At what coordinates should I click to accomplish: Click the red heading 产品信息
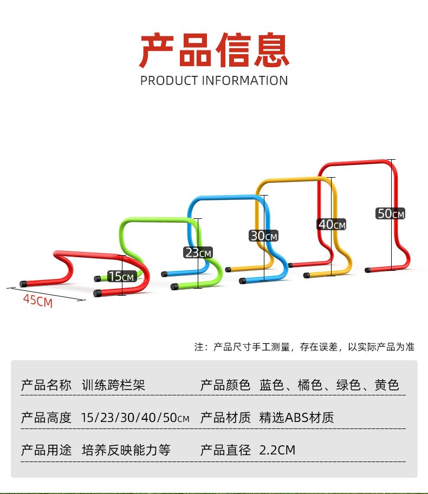coord(214,50)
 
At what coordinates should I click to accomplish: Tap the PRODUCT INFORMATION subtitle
coord(214,81)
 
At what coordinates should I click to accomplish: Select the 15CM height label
coord(121,276)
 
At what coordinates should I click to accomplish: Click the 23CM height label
coord(198,252)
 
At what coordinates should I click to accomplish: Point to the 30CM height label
coord(263,236)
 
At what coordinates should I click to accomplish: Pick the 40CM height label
coord(332,224)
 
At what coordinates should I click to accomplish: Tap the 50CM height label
coord(391,213)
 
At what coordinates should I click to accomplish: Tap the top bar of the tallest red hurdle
coord(355,162)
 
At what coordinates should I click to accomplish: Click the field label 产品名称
coord(46,385)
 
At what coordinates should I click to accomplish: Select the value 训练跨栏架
coord(113,385)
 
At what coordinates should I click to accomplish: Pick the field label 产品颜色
coord(225,385)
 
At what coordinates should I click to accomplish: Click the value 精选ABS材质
coord(297,418)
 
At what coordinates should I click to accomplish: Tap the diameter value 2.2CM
coord(277,450)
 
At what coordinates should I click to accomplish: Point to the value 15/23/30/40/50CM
coord(135,418)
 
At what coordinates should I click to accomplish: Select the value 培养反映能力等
coord(126,450)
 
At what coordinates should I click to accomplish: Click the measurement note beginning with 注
coord(304,347)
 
